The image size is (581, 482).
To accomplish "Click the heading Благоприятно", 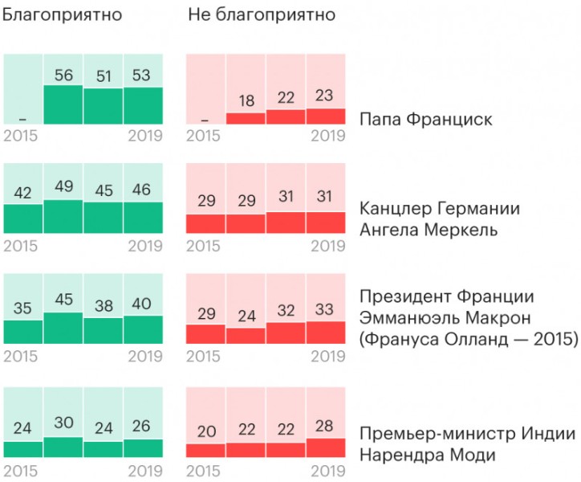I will [62, 15].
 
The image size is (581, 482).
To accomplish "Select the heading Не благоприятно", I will [262, 15].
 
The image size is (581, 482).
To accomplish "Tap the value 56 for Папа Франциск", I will [63, 75].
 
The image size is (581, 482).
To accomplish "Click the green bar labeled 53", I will [143, 105].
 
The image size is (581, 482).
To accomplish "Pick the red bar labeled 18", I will [246, 118].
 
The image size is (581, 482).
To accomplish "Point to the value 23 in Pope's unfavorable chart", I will [325, 96].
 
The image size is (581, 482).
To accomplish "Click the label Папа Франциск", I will [425, 120].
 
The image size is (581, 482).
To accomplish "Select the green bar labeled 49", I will [63, 215].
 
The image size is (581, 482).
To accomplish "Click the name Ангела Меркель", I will [429, 231].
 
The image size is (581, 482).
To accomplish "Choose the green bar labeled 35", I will [23, 332].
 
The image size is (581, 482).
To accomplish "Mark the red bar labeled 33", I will [325, 333].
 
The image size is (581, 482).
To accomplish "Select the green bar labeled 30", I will [63, 447].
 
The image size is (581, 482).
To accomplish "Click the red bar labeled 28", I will [325, 447].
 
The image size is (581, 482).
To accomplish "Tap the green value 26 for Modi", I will [143, 426].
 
